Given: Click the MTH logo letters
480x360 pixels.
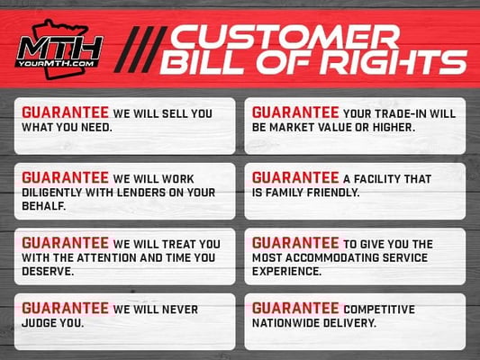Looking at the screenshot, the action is coord(59,48).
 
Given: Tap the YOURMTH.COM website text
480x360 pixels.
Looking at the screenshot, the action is coord(57,64).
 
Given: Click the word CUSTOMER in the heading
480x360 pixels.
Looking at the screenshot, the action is coord(285,37).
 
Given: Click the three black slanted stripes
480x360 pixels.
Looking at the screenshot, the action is coord(140,49).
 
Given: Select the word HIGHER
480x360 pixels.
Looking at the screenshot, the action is coord(394,127).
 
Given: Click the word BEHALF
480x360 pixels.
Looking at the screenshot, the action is coord(44,206).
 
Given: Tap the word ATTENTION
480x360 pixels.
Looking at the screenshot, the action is coord(107,257).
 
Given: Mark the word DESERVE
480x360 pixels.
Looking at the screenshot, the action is coord(48,271).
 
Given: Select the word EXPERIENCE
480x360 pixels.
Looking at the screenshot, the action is coord(286,271).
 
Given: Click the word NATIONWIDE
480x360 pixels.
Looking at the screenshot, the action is coord(285,323).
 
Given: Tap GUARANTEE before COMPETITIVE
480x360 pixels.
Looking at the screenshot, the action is coord(295,309).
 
